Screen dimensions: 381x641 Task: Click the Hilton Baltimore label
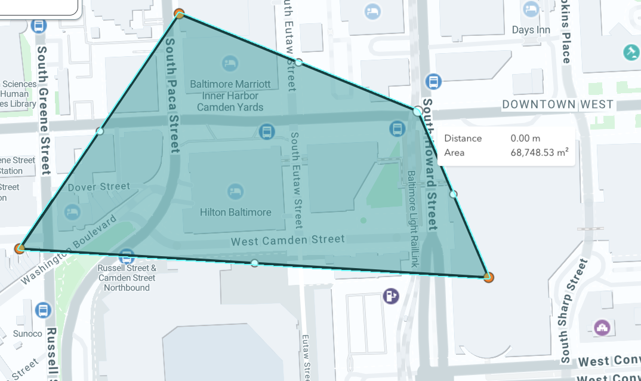coord(235,212)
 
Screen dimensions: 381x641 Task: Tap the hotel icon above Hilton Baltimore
coord(235,192)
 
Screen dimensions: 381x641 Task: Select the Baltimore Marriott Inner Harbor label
coord(230,96)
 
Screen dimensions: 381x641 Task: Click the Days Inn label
coord(531,30)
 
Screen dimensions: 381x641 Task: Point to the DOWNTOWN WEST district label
coord(557,105)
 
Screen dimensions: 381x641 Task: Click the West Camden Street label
coord(288,240)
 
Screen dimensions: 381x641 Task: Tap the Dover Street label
coord(98,187)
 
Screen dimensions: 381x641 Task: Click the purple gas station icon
coord(391,296)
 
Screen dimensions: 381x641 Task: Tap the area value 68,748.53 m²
coord(539,153)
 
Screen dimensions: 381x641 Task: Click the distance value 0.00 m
coord(525,139)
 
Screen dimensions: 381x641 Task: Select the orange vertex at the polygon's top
coord(178,13)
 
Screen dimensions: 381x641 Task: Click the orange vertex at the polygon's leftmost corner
coord(20,248)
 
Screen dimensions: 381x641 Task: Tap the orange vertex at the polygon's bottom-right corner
coord(489,277)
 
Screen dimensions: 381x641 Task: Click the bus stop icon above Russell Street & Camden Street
coord(126,256)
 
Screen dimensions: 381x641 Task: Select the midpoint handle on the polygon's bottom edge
coord(255,263)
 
